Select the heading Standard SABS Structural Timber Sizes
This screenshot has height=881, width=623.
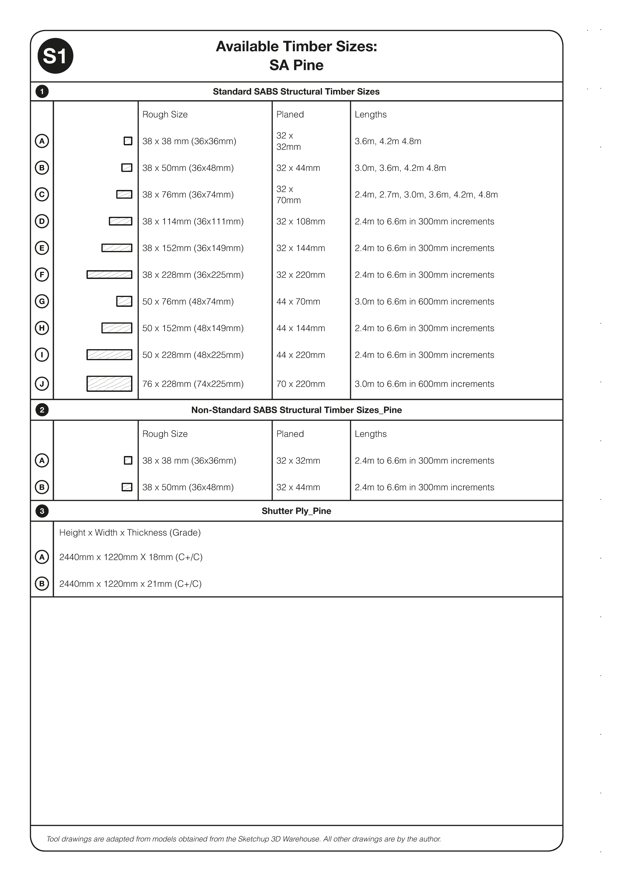click(x=296, y=92)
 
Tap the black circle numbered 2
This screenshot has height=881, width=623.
click(x=42, y=410)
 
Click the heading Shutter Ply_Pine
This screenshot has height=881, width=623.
click(x=296, y=511)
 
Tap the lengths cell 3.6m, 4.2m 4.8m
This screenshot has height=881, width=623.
click(x=388, y=141)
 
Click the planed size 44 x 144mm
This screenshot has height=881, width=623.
click(x=301, y=328)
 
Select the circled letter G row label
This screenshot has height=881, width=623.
click(x=42, y=301)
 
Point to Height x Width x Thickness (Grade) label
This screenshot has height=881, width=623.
click(x=130, y=533)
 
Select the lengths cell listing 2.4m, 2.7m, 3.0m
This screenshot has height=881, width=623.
click(x=426, y=195)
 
